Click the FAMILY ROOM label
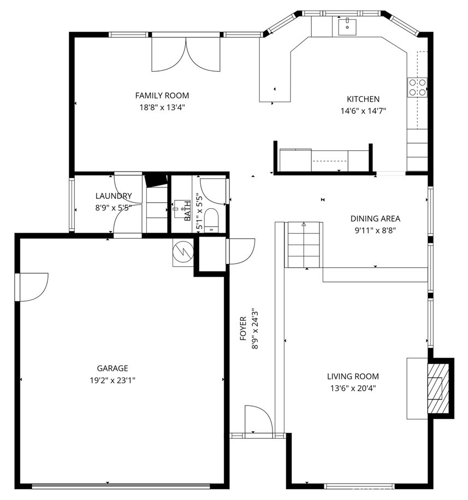162,96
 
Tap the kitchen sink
347,27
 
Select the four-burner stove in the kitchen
417,87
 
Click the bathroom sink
182,210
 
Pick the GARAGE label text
112,368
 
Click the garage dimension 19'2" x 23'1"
112,380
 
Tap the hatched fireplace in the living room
438,388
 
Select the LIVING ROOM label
353,377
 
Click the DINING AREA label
375,219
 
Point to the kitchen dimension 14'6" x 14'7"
363,111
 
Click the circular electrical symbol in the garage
183,251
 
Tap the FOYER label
243,328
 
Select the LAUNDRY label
114,196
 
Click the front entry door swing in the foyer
258,420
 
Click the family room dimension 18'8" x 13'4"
162,107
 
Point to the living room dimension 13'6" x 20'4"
353,388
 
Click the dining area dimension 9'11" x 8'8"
375,230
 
